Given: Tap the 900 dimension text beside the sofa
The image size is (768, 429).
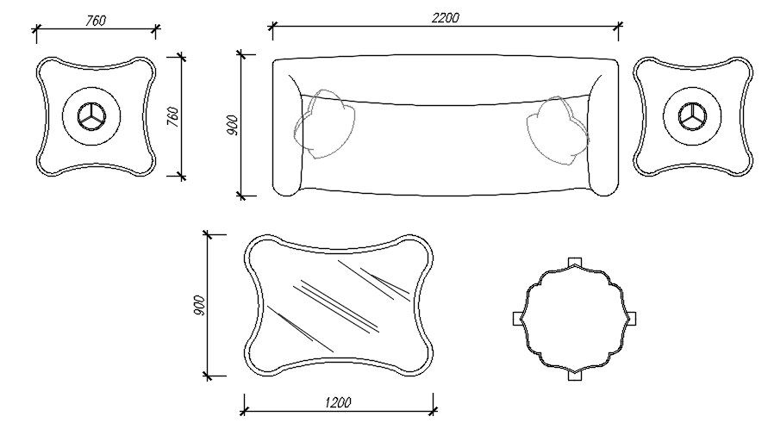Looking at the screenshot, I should pyautogui.click(x=231, y=124).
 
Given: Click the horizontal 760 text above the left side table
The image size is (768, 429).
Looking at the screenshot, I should pyautogui.click(x=96, y=21).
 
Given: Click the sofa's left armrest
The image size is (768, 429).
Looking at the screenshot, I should pyautogui.click(x=285, y=129).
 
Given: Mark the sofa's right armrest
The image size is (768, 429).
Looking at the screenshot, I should pyautogui.click(x=605, y=129).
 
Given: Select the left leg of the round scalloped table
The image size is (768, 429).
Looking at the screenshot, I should pyautogui.click(x=517, y=317).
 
